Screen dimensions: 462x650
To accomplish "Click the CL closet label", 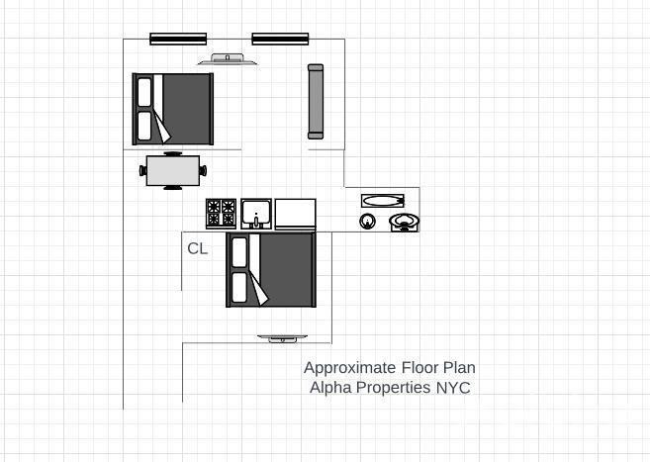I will click(198, 249).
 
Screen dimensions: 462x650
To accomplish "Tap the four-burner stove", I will click(221, 213).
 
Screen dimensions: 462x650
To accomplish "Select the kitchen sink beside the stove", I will click(256, 213).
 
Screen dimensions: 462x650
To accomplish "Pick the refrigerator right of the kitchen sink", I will click(295, 214).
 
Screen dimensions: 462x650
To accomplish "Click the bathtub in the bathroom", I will click(382, 200).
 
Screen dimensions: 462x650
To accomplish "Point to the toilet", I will click(404, 222).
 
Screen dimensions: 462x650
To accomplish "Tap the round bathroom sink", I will click(367, 221).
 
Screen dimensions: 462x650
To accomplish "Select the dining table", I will click(173, 170).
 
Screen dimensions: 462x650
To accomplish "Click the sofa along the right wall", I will click(316, 101).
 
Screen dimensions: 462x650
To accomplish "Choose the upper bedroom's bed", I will click(173, 109).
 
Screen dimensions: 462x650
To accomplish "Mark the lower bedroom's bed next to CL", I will click(270, 269).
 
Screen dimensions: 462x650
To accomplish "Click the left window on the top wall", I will click(178, 40).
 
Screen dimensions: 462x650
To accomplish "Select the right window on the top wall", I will click(281, 40).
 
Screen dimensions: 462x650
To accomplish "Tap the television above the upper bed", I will click(228, 60).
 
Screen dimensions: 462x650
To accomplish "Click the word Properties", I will click(394, 388).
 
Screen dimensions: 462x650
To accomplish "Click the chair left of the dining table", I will click(143, 170).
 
